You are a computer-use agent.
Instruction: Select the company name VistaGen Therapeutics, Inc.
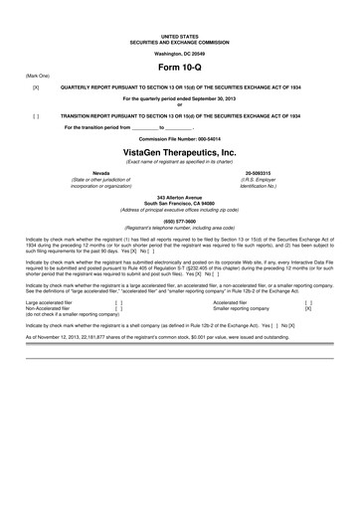[x=179, y=153]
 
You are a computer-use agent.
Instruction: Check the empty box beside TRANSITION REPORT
[x=36, y=115]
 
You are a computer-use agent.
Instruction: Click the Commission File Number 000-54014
[x=179, y=139]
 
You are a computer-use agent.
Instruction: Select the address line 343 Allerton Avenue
[x=179, y=200]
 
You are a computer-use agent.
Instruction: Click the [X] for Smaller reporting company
[x=307, y=280]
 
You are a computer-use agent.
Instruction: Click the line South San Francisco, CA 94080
[x=179, y=206]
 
